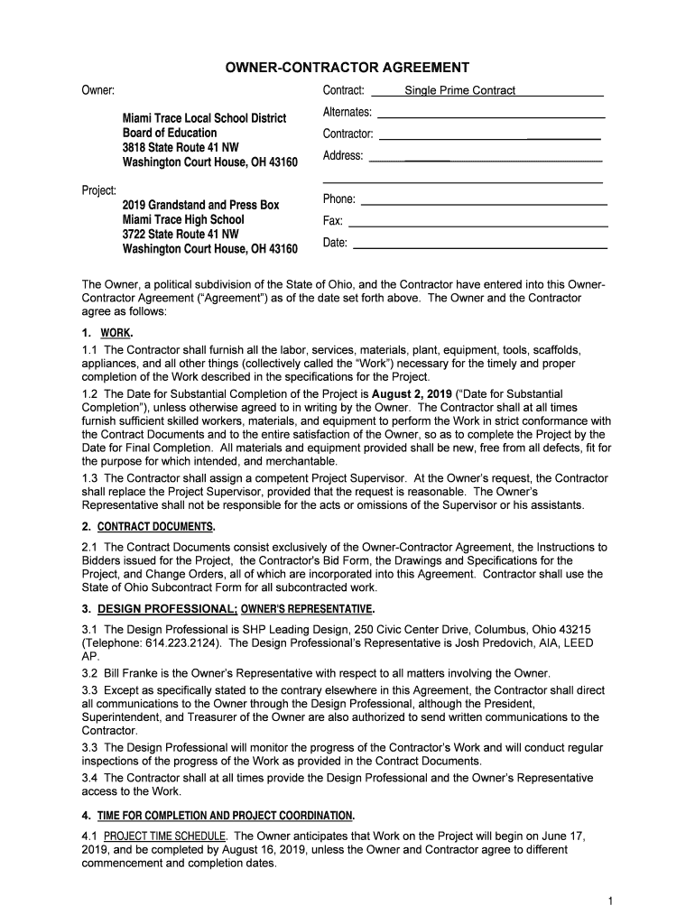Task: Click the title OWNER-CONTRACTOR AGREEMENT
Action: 347,68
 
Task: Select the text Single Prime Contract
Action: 459,90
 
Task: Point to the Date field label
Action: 335,243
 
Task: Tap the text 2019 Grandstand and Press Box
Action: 200,205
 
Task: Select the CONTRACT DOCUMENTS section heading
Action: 155,526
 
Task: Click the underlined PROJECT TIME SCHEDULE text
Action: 165,836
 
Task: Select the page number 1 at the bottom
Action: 611,901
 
